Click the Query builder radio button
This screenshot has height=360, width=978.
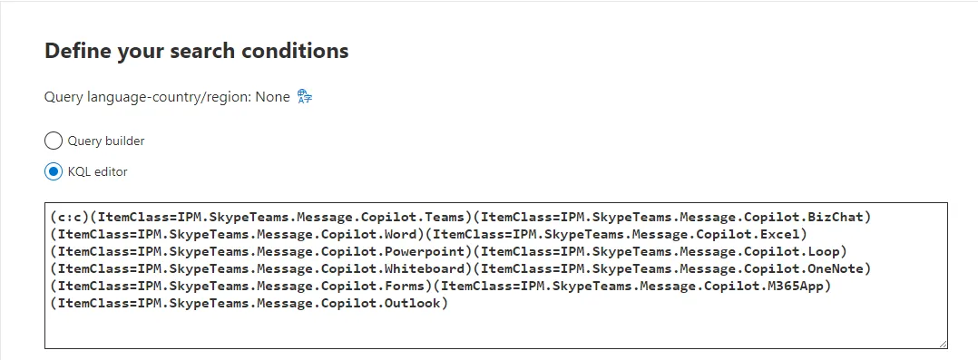(54, 141)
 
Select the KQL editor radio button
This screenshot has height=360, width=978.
(54, 171)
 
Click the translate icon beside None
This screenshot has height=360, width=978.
(305, 96)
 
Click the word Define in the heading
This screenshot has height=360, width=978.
(76, 51)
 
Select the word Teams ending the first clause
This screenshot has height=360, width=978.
(447, 217)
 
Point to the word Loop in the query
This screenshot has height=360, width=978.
(827, 251)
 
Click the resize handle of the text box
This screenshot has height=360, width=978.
(943, 344)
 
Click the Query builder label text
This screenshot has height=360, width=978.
(106, 141)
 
